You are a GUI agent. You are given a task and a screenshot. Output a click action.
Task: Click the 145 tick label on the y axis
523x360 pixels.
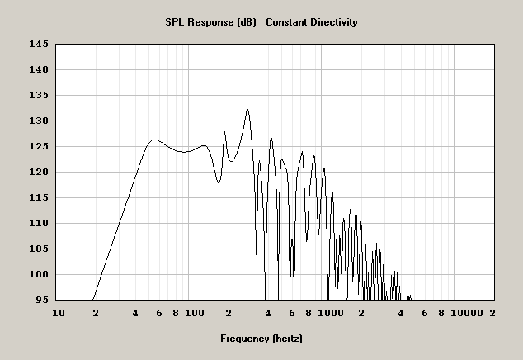[39, 44]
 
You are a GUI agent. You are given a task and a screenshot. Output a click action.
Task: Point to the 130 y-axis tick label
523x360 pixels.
[39, 121]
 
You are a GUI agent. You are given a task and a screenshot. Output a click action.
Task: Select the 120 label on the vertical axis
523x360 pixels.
[39, 172]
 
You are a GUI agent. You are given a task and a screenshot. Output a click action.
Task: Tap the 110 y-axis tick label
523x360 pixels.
[39, 223]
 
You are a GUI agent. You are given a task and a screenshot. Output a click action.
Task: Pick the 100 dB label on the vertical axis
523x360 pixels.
[39, 274]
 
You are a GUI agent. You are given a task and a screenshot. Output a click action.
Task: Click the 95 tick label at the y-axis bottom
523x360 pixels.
[41, 300]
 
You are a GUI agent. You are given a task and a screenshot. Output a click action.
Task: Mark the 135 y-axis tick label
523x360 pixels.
[39, 95]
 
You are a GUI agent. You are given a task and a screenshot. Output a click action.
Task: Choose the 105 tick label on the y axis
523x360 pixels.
[39, 249]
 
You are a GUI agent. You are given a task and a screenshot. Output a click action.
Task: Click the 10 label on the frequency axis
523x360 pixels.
[58, 314]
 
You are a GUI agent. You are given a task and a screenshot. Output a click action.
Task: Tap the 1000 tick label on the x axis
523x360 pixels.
[330, 314]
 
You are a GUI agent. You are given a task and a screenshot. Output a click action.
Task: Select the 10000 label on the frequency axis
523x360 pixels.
[468, 314]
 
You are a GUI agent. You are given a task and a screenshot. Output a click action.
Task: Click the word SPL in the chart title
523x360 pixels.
[176, 22]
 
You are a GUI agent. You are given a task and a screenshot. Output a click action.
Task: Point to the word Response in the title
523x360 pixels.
[211, 22]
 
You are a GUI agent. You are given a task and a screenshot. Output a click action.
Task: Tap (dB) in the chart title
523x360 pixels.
[247, 22]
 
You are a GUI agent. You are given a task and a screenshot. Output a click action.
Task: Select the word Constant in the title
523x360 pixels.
[289, 22]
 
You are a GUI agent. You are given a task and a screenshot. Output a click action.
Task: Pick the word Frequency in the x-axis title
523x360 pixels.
[244, 339]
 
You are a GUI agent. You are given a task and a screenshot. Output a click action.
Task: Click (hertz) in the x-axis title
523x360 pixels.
[288, 339]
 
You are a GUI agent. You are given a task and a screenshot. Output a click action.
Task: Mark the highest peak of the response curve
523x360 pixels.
[247, 109]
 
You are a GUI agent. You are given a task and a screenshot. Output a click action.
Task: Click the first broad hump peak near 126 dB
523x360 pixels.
[154, 140]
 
